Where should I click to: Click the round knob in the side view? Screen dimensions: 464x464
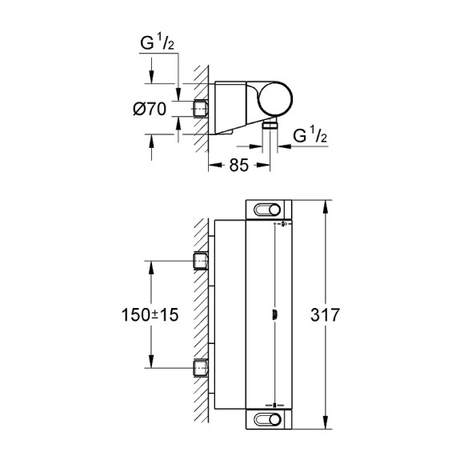pyautogui.click(x=281, y=100)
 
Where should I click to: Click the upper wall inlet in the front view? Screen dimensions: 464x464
pyautogui.click(x=200, y=260)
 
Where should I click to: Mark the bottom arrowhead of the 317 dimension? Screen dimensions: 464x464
pyautogui.click(x=325, y=426)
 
